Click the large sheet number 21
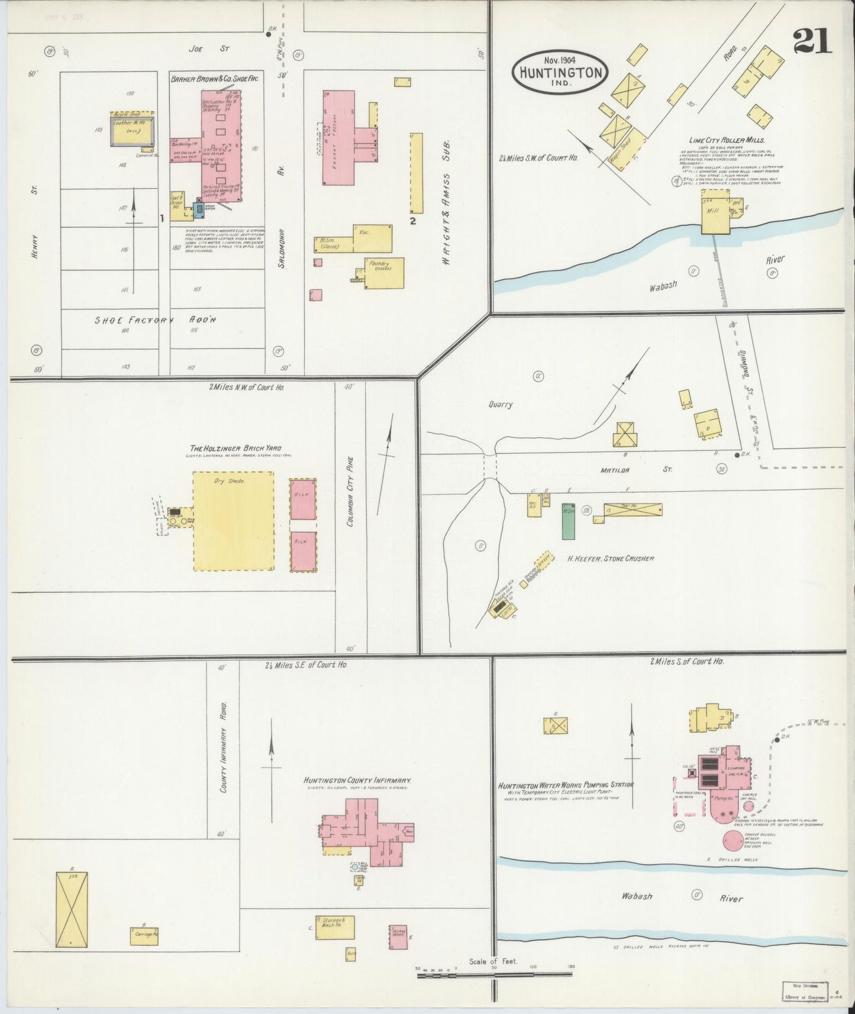[812, 42]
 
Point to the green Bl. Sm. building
[568, 521]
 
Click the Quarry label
[501, 405]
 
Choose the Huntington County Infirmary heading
[357, 780]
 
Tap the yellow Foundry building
[384, 273]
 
